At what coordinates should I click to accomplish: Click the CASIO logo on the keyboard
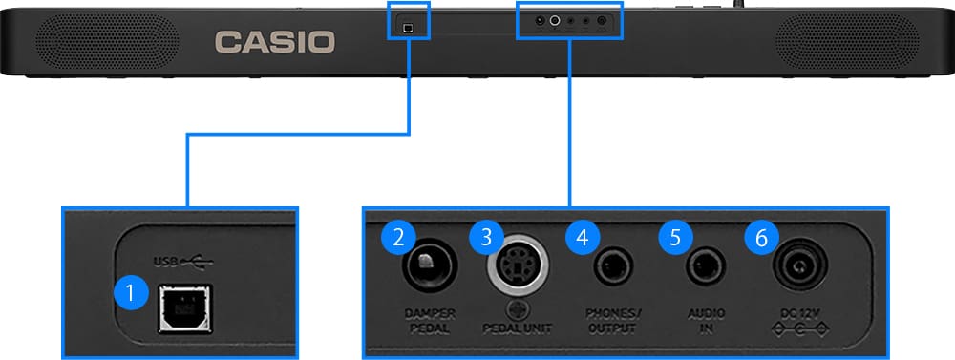click(x=275, y=41)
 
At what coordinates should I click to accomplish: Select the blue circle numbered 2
click(x=398, y=238)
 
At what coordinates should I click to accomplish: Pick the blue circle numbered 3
click(x=487, y=238)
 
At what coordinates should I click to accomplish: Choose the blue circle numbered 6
click(x=761, y=238)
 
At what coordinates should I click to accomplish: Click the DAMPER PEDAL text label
click(x=430, y=321)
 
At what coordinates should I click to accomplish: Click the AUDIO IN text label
click(x=708, y=321)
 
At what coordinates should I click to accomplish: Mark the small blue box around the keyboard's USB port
click(x=409, y=21)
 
